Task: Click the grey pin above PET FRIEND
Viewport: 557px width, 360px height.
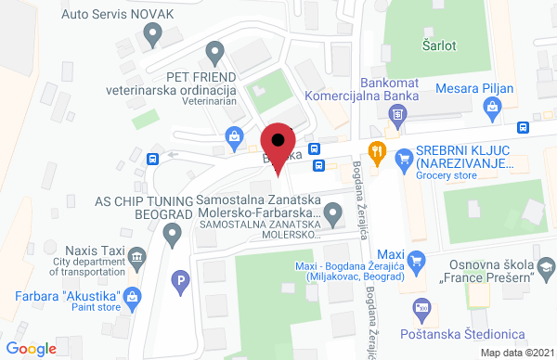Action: click(215, 52)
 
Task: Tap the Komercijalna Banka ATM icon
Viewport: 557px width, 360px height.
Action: click(397, 115)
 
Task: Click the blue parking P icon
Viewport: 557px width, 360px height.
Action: click(182, 278)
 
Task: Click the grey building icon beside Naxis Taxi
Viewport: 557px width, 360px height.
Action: click(137, 257)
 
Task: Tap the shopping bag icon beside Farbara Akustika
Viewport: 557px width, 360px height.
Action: click(132, 299)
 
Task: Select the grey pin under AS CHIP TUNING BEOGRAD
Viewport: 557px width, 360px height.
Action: click(171, 237)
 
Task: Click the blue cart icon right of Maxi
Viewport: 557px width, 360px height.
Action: click(417, 260)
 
